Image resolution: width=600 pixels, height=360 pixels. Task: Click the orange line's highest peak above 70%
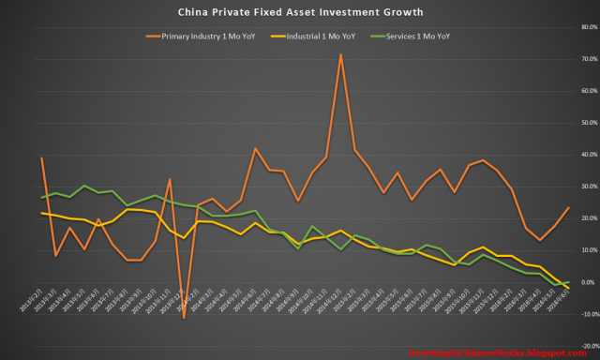tap(340, 53)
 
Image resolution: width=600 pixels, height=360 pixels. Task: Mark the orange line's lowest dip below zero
tap(184, 319)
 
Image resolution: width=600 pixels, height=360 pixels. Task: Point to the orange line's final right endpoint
tap(569, 208)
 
